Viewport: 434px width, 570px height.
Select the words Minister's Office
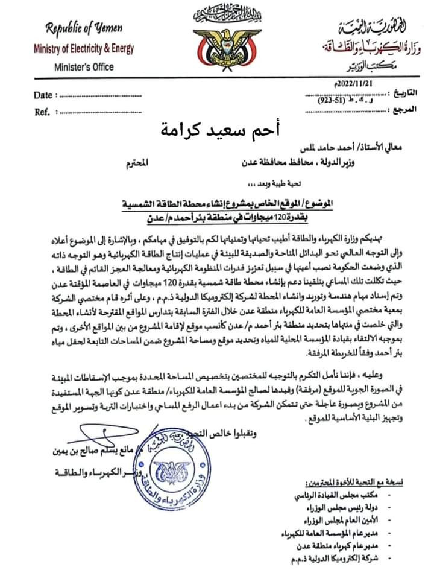(x=83, y=67)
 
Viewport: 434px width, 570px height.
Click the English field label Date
(x=42, y=95)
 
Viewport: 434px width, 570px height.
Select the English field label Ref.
(x=42, y=112)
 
